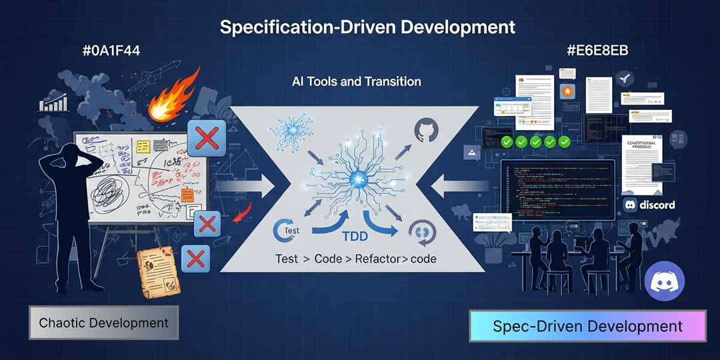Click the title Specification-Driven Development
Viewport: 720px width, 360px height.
[x=367, y=27]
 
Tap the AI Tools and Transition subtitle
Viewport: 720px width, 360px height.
[x=356, y=82]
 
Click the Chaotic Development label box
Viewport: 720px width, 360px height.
[x=103, y=323]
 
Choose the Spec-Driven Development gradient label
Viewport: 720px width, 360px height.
[x=587, y=327]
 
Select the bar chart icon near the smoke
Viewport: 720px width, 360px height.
[x=55, y=103]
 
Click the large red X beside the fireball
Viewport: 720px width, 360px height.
[x=207, y=139]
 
